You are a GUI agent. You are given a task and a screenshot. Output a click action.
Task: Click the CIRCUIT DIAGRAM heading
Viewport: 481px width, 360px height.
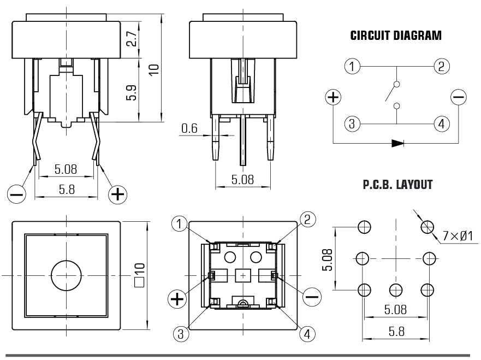(x=396, y=37)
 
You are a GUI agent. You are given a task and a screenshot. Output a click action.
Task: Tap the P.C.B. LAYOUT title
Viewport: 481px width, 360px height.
(x=397, y=185)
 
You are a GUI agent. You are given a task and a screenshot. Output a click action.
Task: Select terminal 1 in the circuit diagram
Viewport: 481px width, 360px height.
(x=353, y=67)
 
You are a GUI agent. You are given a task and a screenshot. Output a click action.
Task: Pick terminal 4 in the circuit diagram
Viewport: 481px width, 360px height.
(x=441, y=123)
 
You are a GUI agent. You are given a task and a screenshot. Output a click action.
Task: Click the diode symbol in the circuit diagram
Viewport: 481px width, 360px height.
(x=397, y=144)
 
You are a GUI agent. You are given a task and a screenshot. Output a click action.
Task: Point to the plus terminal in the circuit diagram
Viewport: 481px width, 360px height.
(x=333, y=98)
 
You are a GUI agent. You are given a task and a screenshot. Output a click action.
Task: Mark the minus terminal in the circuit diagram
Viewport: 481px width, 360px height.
(x=459, y=98)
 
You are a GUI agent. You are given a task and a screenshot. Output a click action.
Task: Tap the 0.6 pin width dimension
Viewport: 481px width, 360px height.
(x=189, y=129)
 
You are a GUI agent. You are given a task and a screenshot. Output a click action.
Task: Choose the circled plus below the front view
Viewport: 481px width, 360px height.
(x=117, y=194)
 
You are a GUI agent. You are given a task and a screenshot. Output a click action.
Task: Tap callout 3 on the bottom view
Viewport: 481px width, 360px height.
(x=180, y=332)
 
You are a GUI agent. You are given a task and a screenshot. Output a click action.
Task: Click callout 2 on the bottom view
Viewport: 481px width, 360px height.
(x=307, y=220)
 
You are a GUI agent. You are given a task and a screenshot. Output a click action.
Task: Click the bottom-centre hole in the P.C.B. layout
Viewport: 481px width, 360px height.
(x=396, y=289)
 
